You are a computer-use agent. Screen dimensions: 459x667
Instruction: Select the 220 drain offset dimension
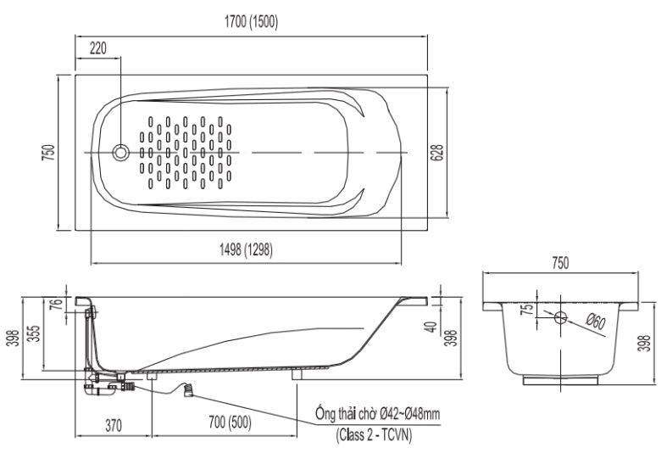(97, 48)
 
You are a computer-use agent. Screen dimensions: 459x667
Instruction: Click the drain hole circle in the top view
(122, 153)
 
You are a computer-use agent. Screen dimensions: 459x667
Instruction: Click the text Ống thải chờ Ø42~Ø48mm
(377, 413)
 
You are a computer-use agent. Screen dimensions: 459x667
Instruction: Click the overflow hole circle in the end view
(560, 316)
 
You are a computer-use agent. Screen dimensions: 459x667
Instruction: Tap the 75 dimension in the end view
(525, 310)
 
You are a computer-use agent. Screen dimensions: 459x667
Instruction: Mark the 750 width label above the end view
(560, 263)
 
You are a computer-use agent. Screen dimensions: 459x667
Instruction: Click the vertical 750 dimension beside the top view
(49, 151)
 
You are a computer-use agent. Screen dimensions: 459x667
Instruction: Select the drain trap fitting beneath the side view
(106, 383)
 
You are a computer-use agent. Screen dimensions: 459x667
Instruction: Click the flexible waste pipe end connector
(189, 391)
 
